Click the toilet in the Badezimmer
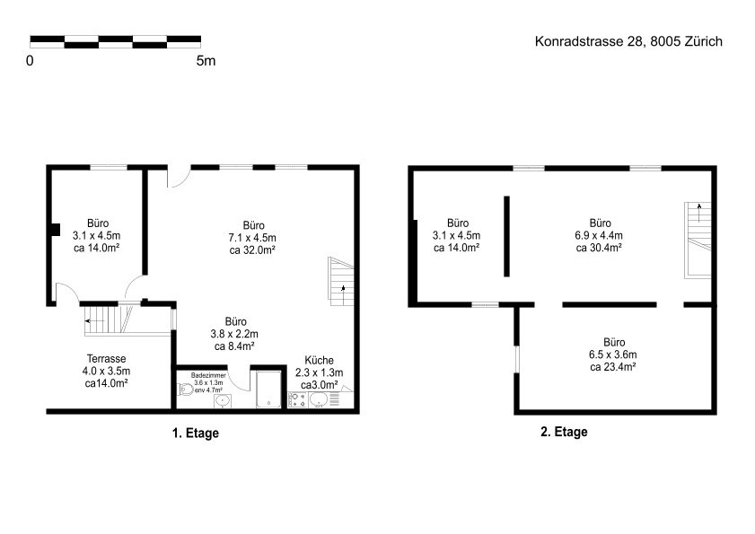[185, 389]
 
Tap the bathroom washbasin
[222, 400]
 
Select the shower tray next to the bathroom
[268, 390]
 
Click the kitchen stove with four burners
[298, 399]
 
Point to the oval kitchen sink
[319, 399]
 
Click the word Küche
[320, 360]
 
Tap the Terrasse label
[107, 359]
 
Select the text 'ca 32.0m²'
[252, 249]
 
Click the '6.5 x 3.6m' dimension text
[613, 355]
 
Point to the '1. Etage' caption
[196, 433]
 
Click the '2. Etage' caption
[564, 432]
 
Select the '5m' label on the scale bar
[206, 61]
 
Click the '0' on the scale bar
[30, 61]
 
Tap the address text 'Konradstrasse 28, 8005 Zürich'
[628, 41]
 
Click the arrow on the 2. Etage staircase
[699, 213]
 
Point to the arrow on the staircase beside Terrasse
[95, 320]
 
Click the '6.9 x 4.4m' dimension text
[599, 235]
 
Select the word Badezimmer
[208, 375]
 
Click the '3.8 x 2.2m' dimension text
[234, 334]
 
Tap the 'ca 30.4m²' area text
[599, 248]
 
